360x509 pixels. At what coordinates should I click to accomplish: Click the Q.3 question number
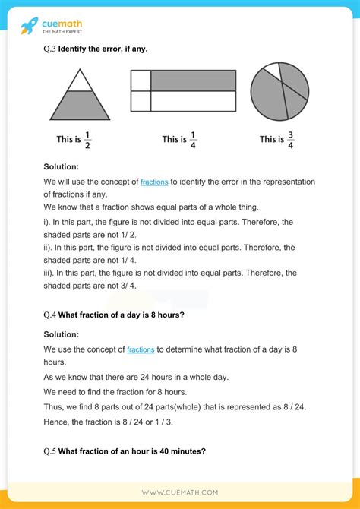(50, 49)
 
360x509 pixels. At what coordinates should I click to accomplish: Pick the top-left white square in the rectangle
(141, 80)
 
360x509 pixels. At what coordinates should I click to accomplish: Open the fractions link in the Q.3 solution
(154, 182)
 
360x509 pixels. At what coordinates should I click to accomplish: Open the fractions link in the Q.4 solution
(141, 349)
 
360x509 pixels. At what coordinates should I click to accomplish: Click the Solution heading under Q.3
(62, 166)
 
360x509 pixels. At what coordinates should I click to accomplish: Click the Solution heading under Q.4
(62, 333)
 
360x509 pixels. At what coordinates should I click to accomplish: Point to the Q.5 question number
(50, 451)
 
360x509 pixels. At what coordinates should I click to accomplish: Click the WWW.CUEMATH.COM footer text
(180, 492)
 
